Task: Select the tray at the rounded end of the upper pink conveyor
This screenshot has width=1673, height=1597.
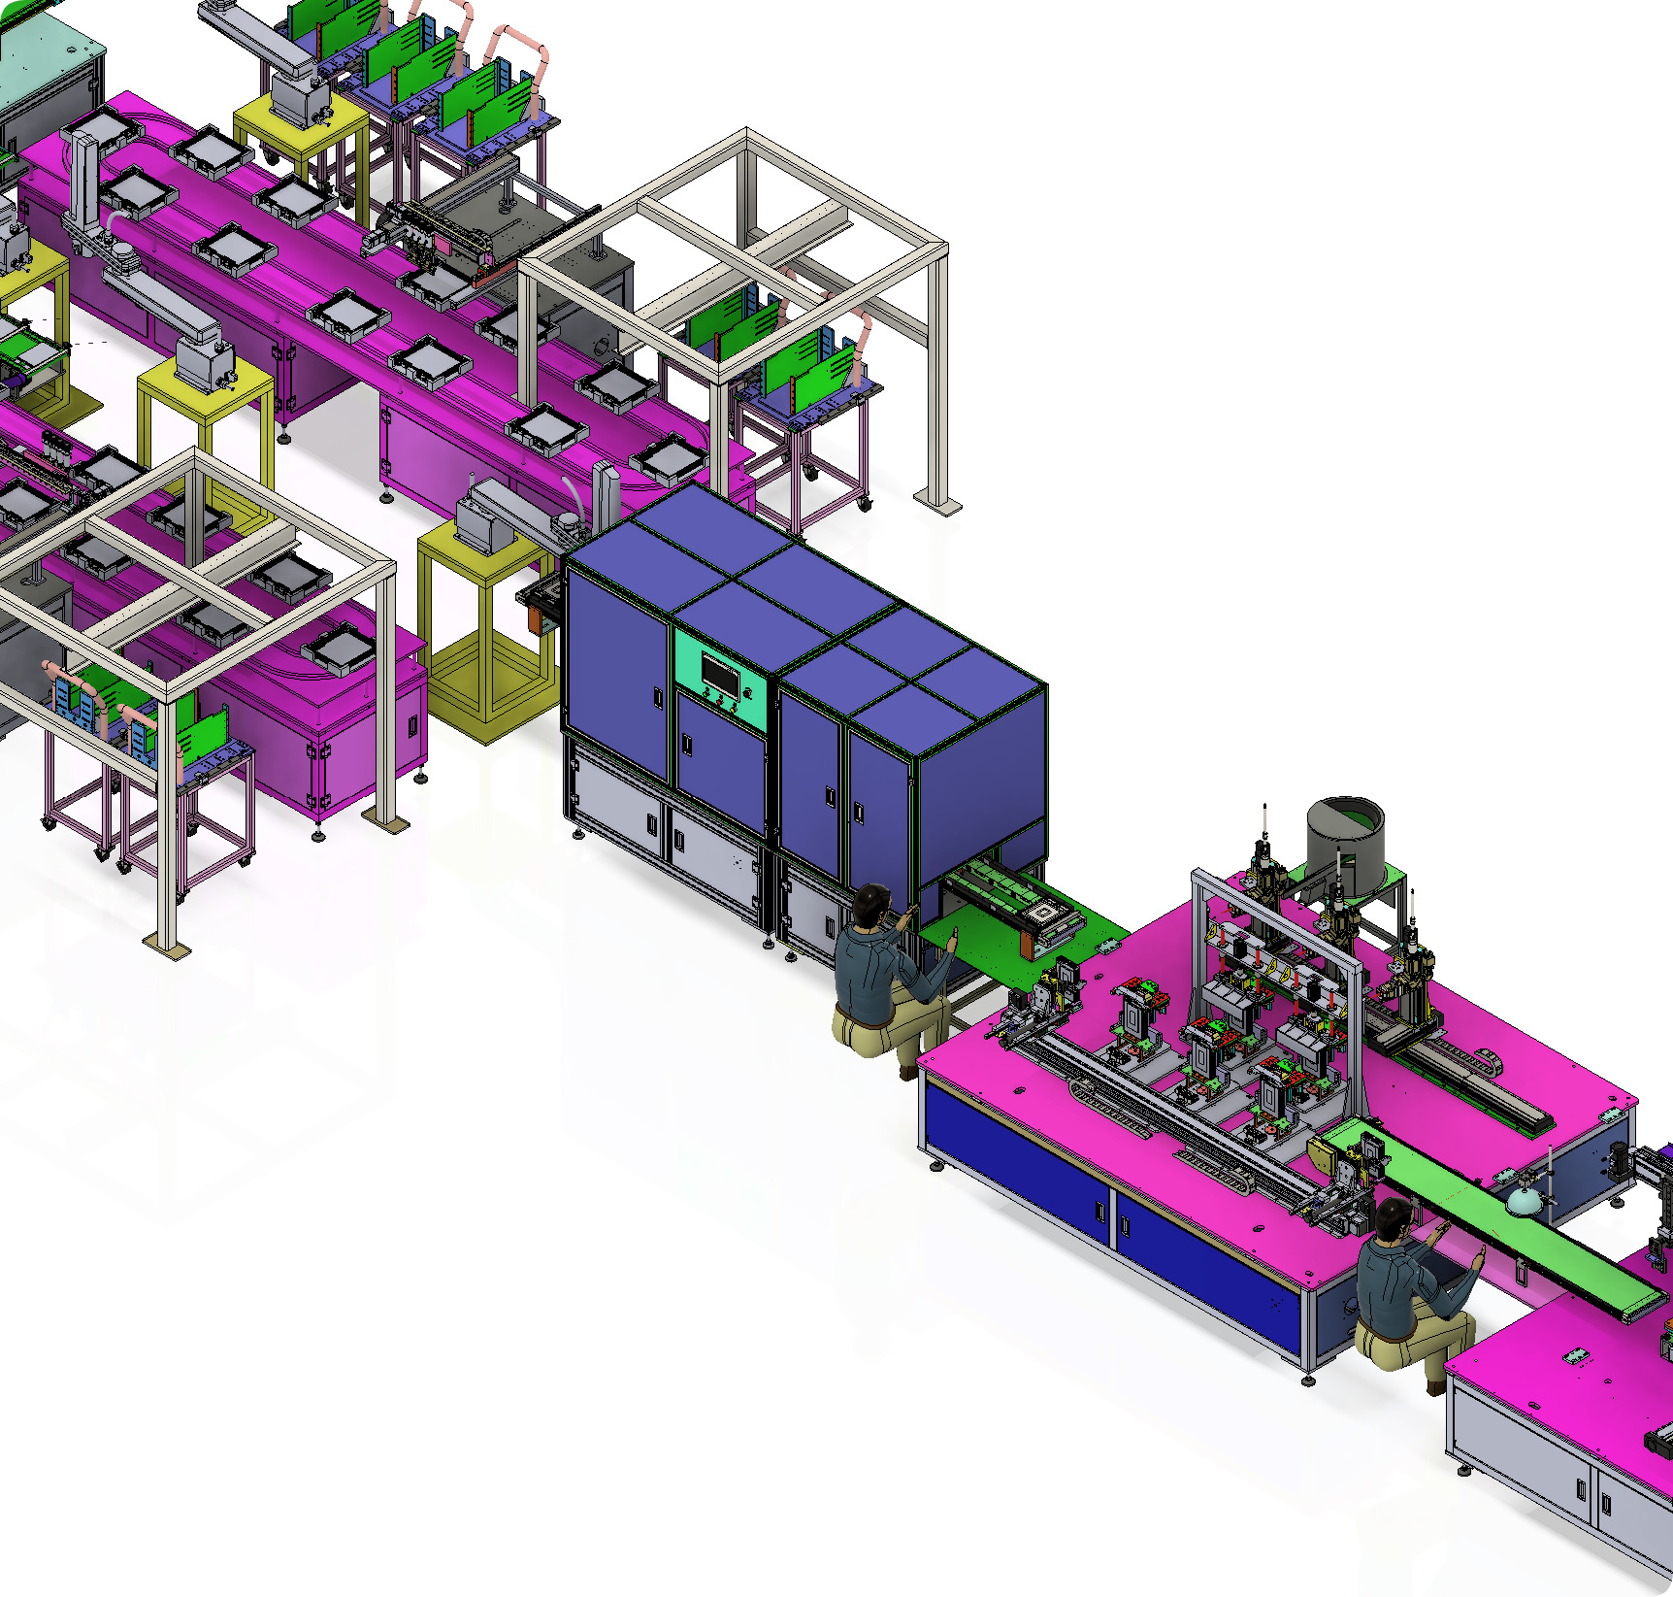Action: [x=670, y=460]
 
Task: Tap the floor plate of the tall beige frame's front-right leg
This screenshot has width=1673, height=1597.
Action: [x=937, y=504]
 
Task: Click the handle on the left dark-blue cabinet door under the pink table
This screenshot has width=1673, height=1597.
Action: [x=1100, y=1213]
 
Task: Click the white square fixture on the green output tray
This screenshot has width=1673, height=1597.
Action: [x=1044, y=914]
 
